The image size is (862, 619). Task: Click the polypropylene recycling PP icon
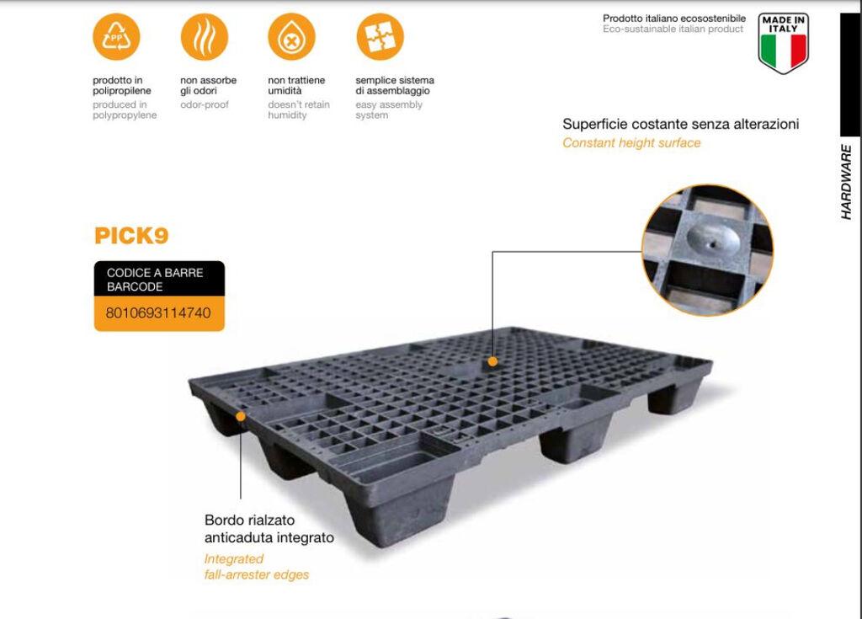[x=115, y=37]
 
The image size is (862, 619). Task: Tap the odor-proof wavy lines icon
[x=205, y=37]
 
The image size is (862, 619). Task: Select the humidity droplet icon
[x=291, y=37]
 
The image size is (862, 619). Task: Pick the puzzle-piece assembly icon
[x=380, y=37]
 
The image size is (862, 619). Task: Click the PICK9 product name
[x=131, y=236]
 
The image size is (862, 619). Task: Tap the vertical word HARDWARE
[x=847, y=182]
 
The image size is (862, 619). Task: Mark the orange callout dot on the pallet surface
[x=492, y=361]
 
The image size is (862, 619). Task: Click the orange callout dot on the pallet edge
[x=241, y=415]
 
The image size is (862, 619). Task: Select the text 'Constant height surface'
[x=631, y=143]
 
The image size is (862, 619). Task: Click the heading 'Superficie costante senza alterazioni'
[x=680, y=125]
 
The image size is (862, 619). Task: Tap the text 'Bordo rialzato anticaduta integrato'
[x=269, y=529]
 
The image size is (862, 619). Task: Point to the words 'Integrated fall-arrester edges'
[x=257, y=567]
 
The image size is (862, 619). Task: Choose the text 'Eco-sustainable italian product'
[x=673, y=29]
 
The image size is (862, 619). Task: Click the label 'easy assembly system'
[x=389, y=110]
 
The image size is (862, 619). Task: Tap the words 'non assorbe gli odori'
[x=209, y=85]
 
